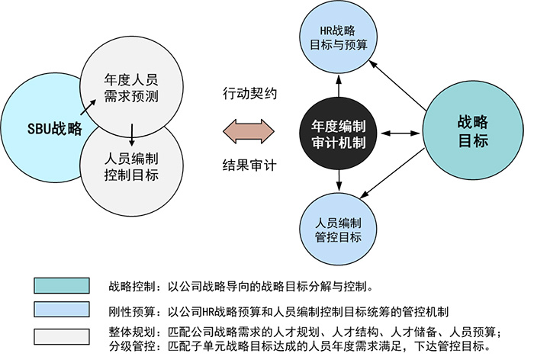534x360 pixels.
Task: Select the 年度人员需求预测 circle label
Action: click(x=130, y=87)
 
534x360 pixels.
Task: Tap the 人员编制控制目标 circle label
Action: click(x=130, y=167)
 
